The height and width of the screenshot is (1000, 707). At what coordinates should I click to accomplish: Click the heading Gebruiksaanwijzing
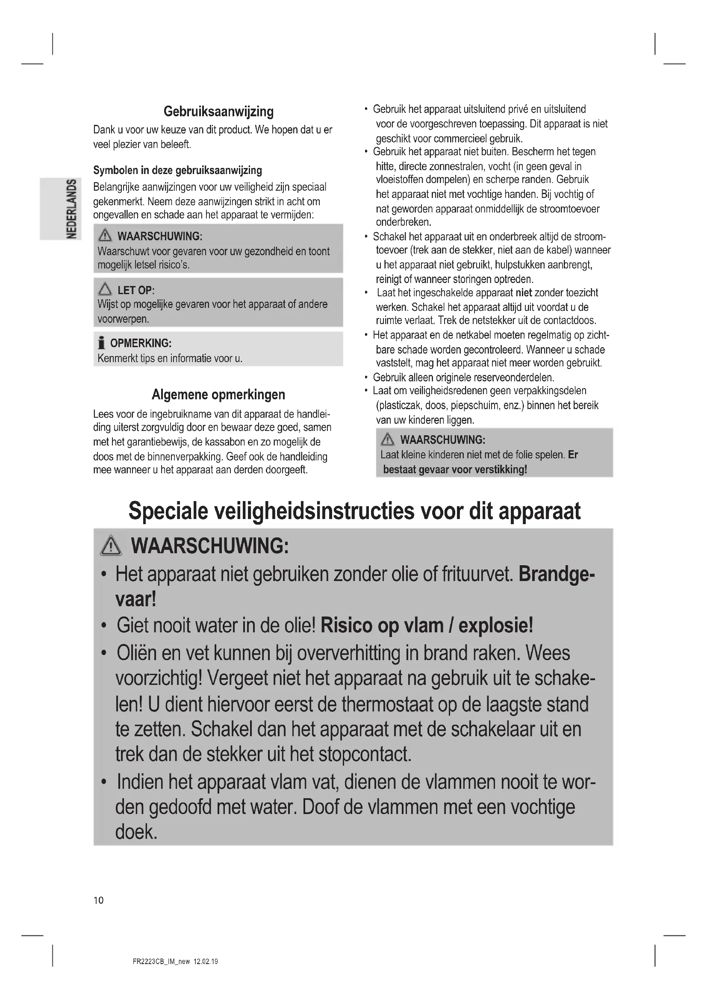click(x=218, y=112)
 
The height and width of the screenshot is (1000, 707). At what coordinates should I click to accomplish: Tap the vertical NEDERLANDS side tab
click(x=71, y=209)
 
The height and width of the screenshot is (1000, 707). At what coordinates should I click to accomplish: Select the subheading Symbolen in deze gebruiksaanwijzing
click(x=178, y=170)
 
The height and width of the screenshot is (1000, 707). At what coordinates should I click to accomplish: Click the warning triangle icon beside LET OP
click(x=105, y=289)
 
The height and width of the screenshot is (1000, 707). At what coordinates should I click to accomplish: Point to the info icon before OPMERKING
click(x=101, y=343)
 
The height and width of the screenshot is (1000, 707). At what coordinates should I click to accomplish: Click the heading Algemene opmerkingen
click(x=218, y=395)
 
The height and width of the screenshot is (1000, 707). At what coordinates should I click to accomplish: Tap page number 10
click(x=99, y=900)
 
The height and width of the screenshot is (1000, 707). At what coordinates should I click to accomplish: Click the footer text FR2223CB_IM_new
click(x=161, y=962)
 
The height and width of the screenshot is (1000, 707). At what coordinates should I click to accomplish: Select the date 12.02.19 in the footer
click(x=206, y=962)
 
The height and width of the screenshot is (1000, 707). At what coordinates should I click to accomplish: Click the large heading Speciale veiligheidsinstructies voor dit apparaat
click(x=354, y=511)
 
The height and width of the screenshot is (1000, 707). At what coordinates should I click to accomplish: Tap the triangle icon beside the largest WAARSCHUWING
click(x=111, y=546)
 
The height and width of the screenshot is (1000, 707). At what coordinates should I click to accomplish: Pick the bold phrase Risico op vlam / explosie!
click(x=427, y=626)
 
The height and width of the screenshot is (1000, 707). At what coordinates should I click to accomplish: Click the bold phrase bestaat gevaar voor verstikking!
click(x=455, y=469)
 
